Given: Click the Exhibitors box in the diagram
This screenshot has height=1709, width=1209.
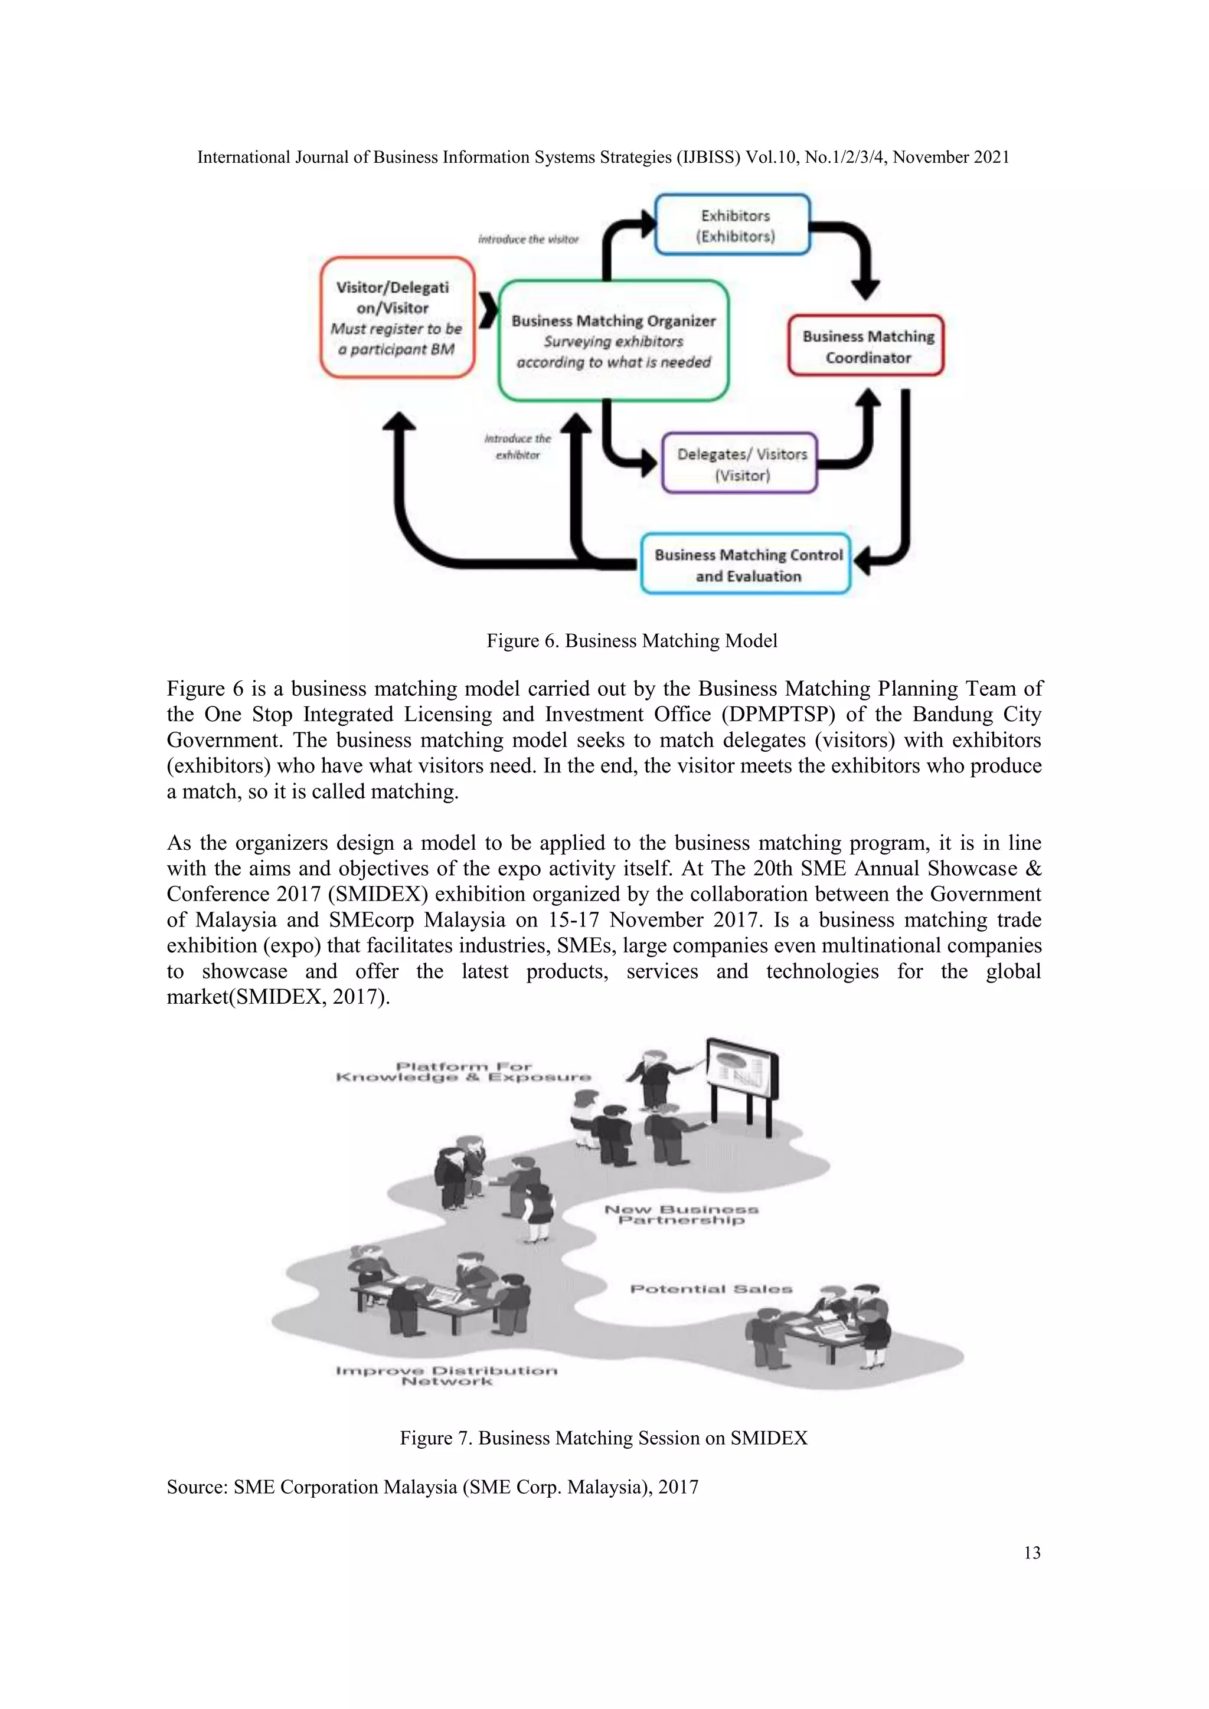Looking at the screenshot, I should coord(733,225).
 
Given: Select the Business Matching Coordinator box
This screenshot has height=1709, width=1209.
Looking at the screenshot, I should coord(867,346).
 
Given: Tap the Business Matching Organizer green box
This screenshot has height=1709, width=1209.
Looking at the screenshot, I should coord(613,341).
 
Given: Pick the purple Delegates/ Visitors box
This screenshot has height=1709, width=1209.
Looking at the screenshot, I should coord(741,464).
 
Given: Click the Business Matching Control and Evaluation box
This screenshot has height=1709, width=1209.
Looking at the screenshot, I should coord(746,565).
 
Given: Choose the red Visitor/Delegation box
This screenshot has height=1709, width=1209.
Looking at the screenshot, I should coord(397,318).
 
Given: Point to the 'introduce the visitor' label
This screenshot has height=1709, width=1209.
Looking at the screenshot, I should coord(528,239).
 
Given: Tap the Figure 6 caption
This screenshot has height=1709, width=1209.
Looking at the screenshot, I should coord(631,641).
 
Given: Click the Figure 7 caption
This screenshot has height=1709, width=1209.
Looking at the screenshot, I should coord(603,1438).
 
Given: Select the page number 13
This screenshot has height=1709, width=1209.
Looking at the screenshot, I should coord(1032,1553).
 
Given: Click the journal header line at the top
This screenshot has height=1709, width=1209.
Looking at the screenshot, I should coord(603,157).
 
